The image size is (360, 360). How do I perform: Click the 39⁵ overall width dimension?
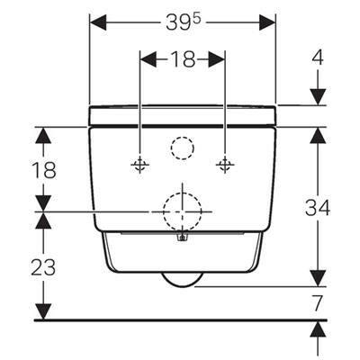(x=184, y=22)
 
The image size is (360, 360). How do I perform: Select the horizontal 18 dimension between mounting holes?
(x=183, y=59)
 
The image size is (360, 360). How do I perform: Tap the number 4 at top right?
(x=318, y=58)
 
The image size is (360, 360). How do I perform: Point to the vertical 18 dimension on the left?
(x=44, y=170)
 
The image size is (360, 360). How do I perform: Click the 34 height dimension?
(x=318, y=208)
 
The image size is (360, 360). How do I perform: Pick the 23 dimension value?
(x=43, y=267)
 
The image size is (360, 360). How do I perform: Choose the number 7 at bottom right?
(x=318, y=303)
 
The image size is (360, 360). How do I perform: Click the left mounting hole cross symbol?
(x=139, y=165)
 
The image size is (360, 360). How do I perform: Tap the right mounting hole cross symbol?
(x=225, y=165)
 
